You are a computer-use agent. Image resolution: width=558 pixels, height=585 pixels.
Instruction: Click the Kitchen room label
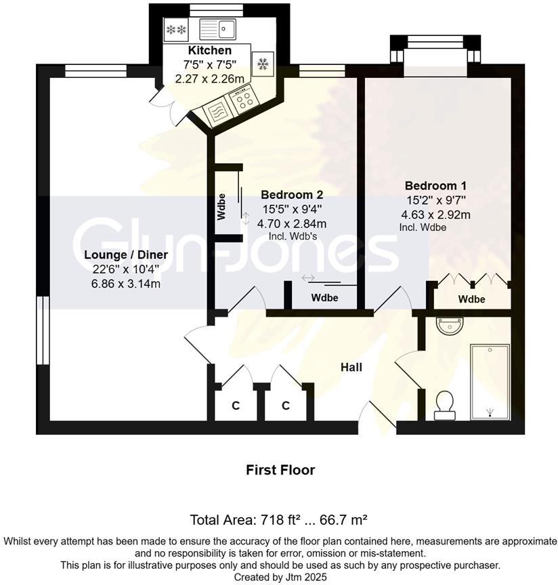[x=209, y=51]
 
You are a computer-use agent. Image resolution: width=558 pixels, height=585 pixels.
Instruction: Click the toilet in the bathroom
[x=445, y=402]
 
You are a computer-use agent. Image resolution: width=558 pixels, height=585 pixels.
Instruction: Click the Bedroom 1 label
[x=435, y=186]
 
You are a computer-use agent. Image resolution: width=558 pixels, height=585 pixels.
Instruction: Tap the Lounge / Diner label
[x=126, y=255]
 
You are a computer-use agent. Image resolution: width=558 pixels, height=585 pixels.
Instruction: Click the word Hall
[x=351, y=367]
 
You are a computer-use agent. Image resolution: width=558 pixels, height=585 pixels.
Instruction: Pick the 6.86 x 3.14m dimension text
[x=126, y=284]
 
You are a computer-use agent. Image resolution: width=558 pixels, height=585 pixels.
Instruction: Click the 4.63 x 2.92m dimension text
[x=435, y=215]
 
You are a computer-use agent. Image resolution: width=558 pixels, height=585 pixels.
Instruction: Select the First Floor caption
[x=280, y=469]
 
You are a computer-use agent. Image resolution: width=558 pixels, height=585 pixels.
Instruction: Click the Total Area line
[x=278, y=520]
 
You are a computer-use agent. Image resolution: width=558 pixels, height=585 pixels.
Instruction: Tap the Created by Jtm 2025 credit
[x=280, y=577]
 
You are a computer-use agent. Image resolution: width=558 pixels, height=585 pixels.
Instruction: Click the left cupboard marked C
[x=235, y=406]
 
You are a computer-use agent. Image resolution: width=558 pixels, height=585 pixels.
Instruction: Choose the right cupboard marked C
[x=286, y=406]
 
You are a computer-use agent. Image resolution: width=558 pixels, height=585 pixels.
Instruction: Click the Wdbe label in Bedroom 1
[x=471, y=299]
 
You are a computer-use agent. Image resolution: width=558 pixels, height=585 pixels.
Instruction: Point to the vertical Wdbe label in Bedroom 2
[x=221, y=207]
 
